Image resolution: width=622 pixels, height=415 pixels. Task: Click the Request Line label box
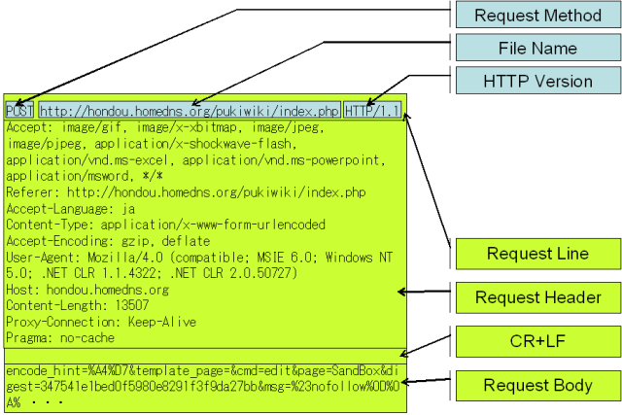click(x=537, y=254)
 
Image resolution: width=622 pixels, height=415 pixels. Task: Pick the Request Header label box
click(x=537, y=296)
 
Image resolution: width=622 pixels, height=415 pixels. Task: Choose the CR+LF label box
click(x=537, y=341)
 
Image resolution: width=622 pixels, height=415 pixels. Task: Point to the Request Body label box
click(x=537, y=385)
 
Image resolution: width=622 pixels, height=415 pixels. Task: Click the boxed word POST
click(x=19, y=111)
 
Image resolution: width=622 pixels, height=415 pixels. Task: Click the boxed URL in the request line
click(x=190, y=111)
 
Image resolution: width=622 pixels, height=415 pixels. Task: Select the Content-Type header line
click(x=165, y=225)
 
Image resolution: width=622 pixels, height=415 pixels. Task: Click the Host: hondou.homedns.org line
click(x=87, y=290)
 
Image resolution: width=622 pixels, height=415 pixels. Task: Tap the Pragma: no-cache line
click(x=60, y=338)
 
